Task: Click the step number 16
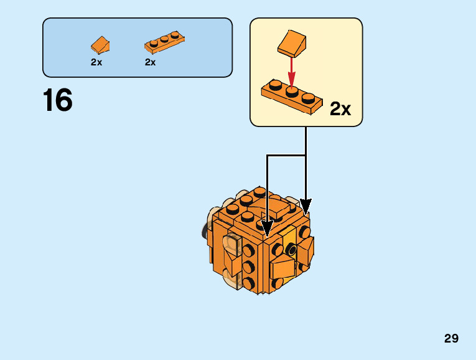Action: point(58,100)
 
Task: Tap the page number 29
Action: point(451,339)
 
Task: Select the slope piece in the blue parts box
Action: point(100,45)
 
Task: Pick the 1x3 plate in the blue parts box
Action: point(164,42)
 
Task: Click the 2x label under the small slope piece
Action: point(96,62)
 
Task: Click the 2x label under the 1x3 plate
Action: point(150,62)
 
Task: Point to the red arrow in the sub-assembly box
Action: point(290,72)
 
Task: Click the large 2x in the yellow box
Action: point(340,110)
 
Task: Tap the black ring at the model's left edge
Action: point(204,230)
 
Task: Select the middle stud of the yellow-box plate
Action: point(291,90)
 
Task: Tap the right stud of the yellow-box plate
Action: point(307,97)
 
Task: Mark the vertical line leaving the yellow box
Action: point(306,141)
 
